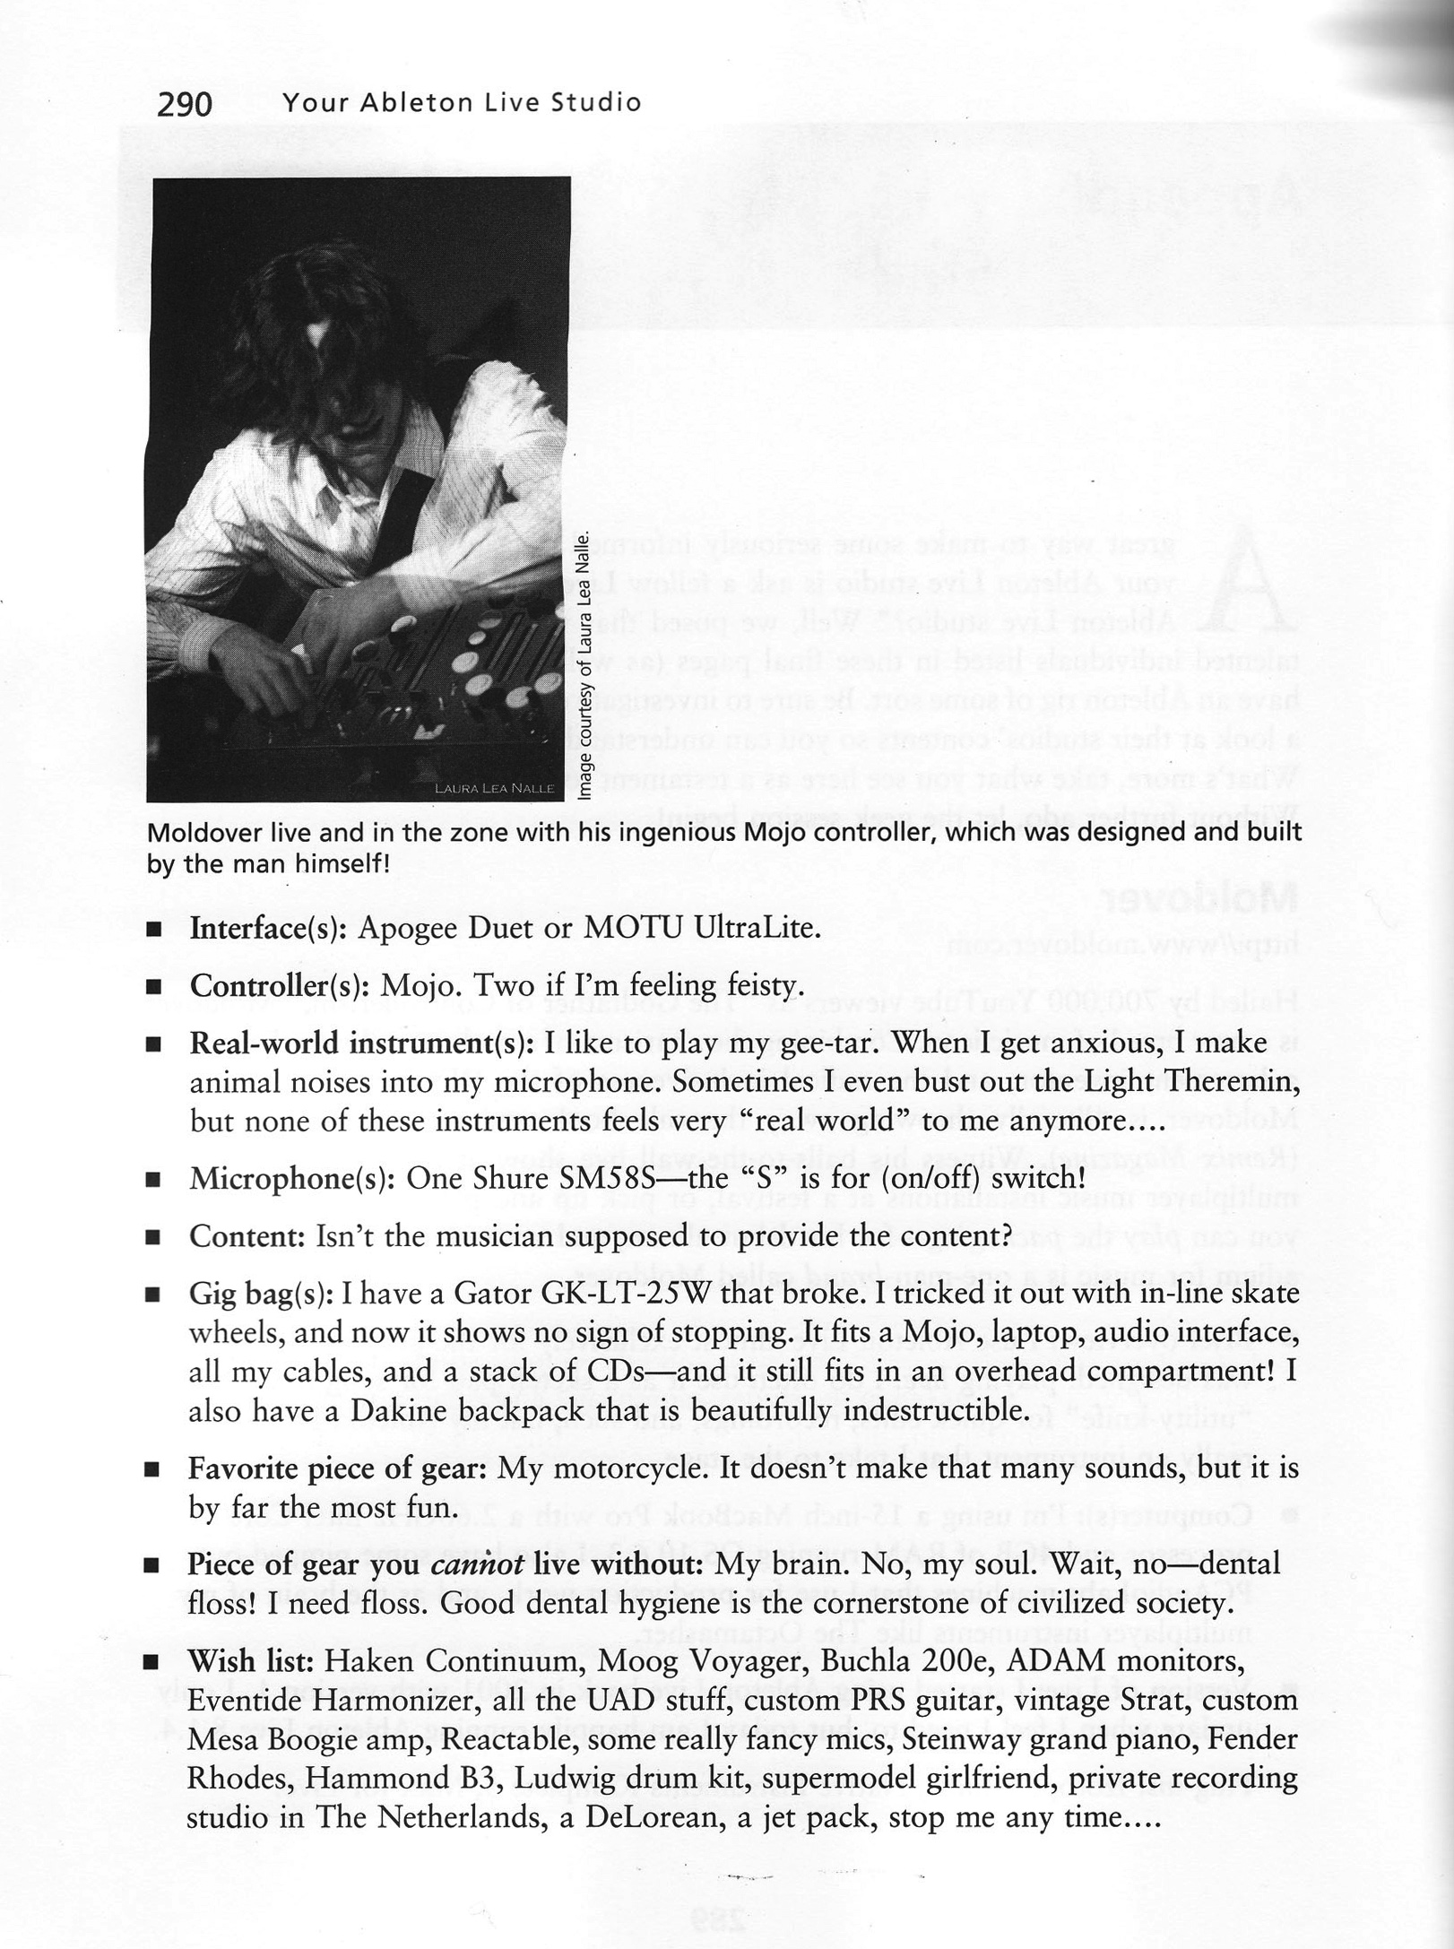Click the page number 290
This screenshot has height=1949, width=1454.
pyautogui.click(x=185, y=105)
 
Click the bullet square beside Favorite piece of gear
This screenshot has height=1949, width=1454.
pyautogui.click(x=153, y=1471)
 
